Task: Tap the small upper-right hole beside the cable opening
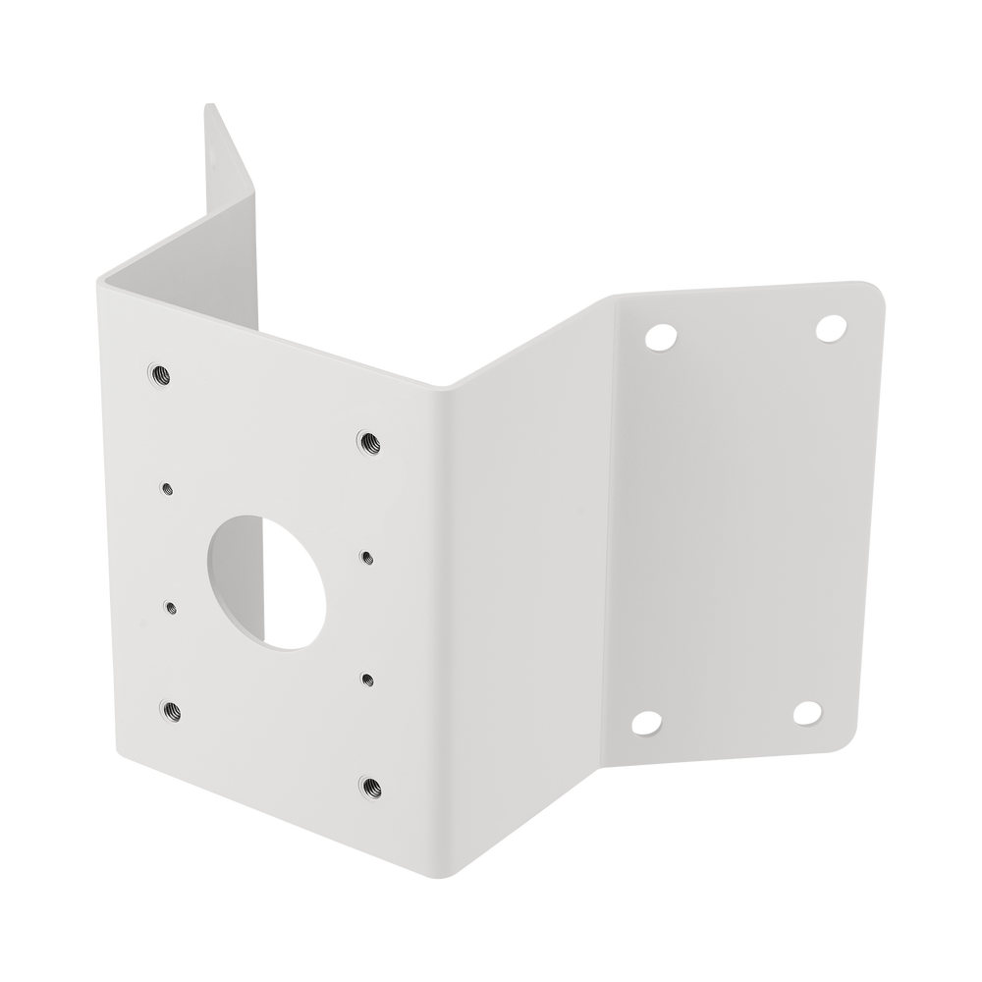click(x=366, y=557)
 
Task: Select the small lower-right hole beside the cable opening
click(x=367, y=678)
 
